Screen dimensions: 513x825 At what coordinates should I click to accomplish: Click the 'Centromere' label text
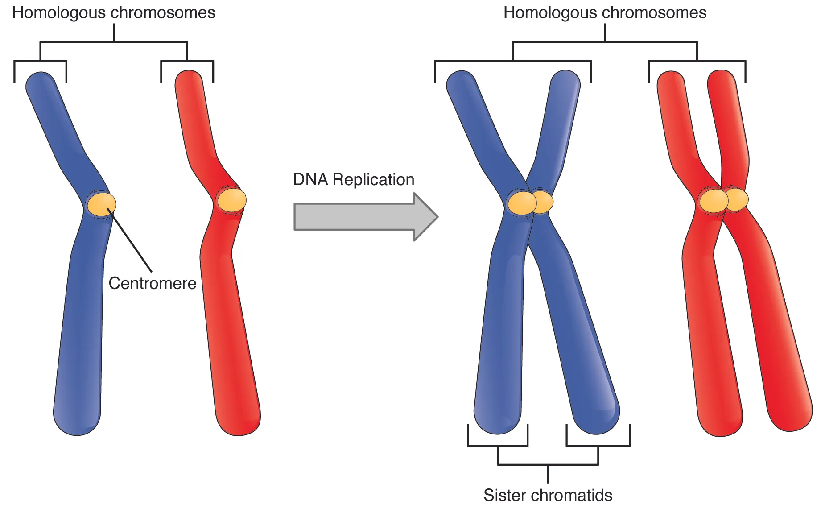tap(152, 283)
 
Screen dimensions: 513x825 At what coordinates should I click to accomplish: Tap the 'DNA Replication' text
tap(354, 179)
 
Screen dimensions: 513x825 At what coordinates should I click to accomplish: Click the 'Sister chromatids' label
tap(548, 495)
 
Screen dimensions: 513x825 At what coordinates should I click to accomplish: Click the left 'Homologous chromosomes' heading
tap(114, 12)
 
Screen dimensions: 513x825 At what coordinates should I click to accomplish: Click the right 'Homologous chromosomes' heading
tap(605, 12)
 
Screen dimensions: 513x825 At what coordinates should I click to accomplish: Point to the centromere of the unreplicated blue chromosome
tap(101, 204)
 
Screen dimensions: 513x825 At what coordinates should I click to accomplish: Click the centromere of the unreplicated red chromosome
tap(231, 200)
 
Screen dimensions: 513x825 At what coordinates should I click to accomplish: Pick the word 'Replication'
tap(373, 179)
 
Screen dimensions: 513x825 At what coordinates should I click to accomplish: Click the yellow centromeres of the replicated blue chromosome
tap(530, 203)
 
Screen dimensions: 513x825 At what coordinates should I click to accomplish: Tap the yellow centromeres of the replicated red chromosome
tap(723, 200)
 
